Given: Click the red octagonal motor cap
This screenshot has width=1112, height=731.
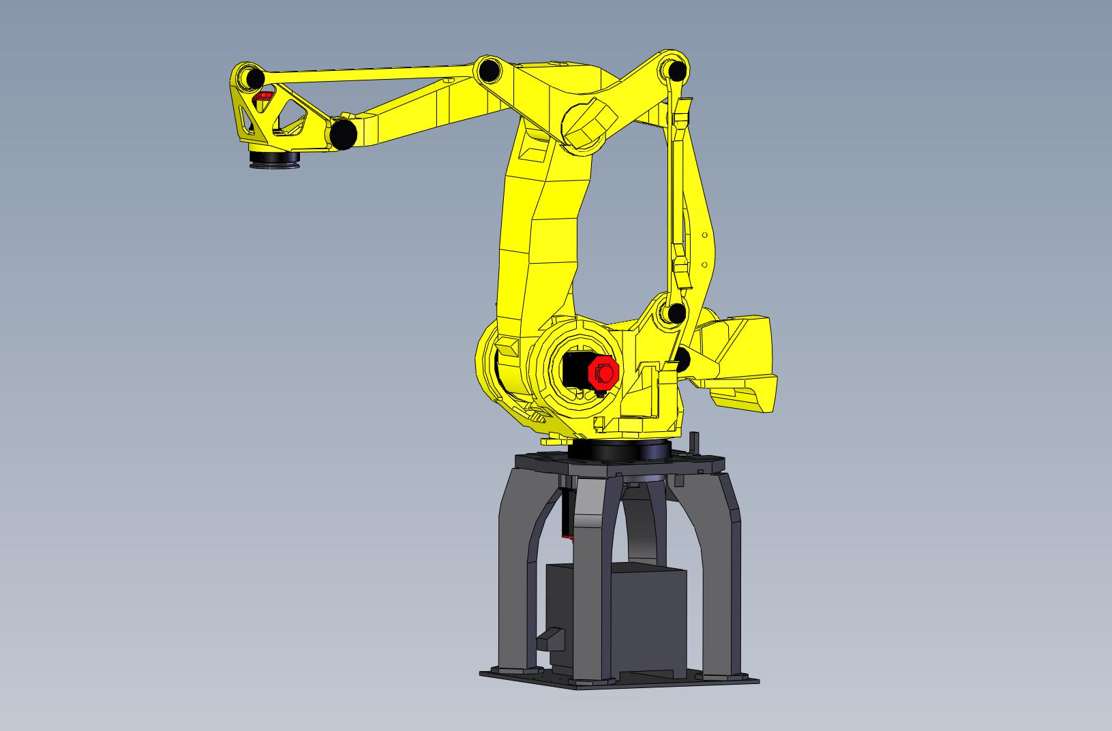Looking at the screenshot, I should click(x=603, y=372).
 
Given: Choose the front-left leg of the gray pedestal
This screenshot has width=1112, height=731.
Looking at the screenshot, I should click(x=520, y=579).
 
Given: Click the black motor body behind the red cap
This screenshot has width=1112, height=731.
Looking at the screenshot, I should click(x=574, y=371).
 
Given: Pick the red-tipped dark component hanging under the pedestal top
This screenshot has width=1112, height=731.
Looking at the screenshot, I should click(x=566, y=518).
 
